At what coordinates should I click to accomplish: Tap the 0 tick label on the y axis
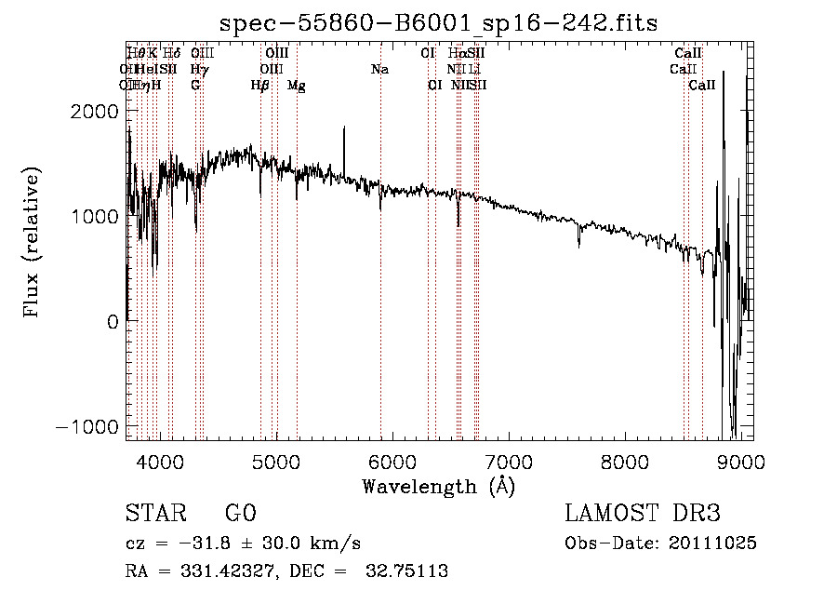coord(112,321)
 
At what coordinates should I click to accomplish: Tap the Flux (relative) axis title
coord(33,243)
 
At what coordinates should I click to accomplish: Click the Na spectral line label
coord(379,69)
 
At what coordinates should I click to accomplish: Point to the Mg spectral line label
coord(297,85)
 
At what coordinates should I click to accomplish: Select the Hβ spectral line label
coord(260,85)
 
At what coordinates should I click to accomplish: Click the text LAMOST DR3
coord(643,514)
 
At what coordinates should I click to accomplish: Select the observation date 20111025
coord(712,544)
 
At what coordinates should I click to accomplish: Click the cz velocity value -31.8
coord(193,544)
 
